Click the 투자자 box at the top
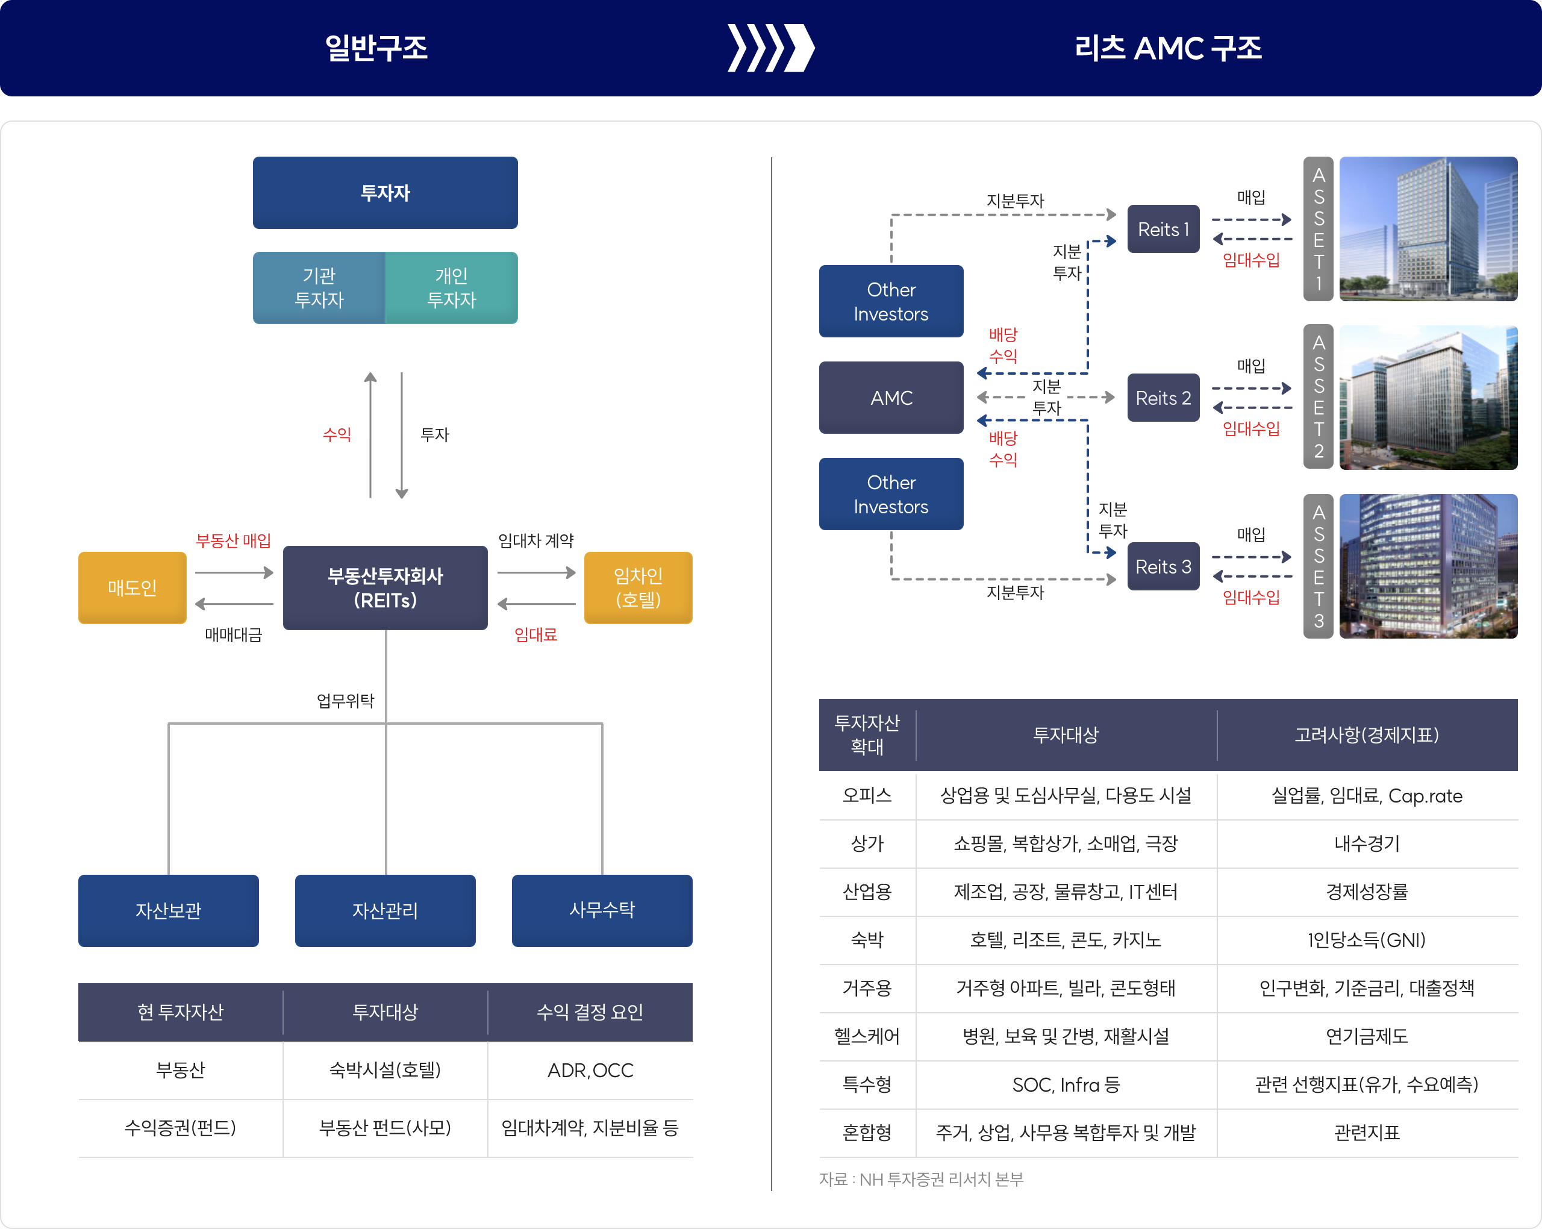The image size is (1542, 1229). coord(385,192)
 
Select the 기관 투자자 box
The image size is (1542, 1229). coord(319,287)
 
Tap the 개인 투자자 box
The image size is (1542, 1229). coord(451,287)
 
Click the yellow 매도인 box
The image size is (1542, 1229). coord(133,587)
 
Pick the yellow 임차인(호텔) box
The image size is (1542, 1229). coord(638,587)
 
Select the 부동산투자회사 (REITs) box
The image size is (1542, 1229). coord(385,587)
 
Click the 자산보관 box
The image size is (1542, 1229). coord(168,910)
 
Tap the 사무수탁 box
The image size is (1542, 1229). coord(602,910)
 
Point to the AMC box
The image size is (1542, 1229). coord(891,398)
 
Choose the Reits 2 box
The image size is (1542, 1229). coord(1163,398)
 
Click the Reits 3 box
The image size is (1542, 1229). coord(1163,566)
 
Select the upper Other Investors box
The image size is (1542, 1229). coord(891,301)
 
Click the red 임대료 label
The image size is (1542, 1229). coord(535,634)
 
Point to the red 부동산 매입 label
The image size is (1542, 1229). coord(234,540)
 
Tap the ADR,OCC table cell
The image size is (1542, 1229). coord(590,1070)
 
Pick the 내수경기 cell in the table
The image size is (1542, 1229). coord(1367,843)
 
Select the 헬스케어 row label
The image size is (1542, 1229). coord(867,1036)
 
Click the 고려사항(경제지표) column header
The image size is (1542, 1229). coord(1367,734)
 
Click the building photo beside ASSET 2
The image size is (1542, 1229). coord(1428,398)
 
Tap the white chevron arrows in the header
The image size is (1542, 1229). coord(771,48)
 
